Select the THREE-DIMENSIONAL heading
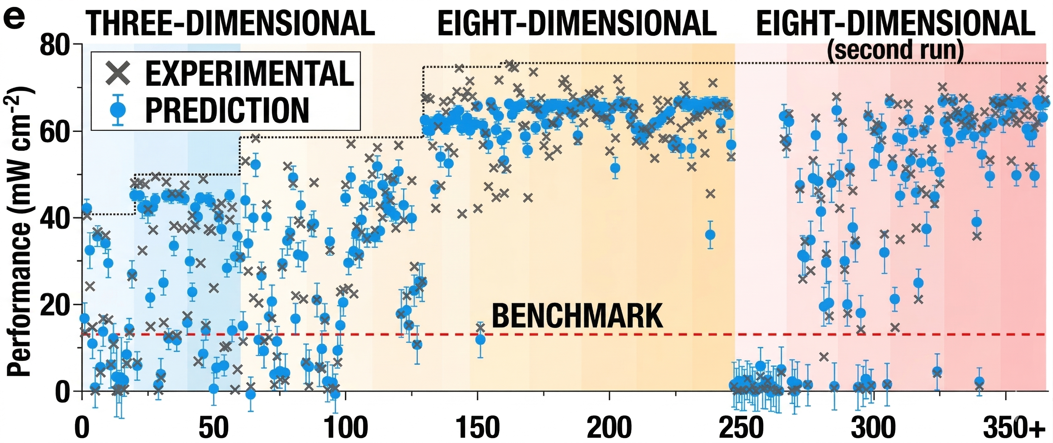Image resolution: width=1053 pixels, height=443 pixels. pos(230,24)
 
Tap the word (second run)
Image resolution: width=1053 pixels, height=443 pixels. pos(895,50)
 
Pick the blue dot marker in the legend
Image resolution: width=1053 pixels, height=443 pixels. pos(118,109)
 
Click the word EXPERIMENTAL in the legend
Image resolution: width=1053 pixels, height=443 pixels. pos(249,74)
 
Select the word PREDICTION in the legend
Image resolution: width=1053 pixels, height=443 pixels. pos(227,110)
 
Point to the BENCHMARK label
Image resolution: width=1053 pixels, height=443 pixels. pos(577,316)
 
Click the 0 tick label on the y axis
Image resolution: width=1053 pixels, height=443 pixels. pos(62,391)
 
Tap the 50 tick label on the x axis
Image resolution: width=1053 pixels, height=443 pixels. pos(213,427)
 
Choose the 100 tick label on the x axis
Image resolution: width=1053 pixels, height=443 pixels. pos(346,427)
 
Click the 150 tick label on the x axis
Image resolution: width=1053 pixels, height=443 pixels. pos(477,427)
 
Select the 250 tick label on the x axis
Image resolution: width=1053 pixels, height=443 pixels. pos(741,427)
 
